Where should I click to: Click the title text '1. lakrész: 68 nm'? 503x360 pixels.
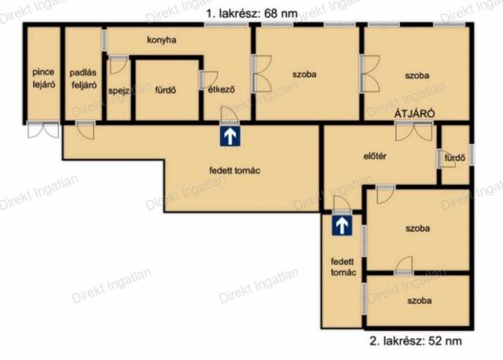[x=251, y=14]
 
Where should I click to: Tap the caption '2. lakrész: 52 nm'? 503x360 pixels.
[x=416, y=341]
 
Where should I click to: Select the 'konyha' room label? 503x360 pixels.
[x=162, y=40]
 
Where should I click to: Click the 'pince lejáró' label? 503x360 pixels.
[x=44, y=79]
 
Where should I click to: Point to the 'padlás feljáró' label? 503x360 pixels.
[x=83, y=79]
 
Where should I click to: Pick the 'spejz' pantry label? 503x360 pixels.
[x=119, y=91]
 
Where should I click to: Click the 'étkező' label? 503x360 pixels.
[x=221, y=90]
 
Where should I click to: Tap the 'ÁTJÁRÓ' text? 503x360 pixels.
[x=414, y=114]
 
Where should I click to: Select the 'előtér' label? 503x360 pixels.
[x=375, y=156]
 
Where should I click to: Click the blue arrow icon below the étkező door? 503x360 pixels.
[x=230, y=136]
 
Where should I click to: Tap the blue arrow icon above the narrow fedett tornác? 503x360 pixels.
[x=342, y=226]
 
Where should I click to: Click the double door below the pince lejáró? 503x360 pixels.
[x=43, y=130]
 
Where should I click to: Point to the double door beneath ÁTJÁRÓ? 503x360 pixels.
[x=414, y=131]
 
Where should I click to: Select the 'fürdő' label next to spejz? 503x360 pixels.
[x=166, y=90]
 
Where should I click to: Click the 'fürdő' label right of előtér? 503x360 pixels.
[x=455, y=158]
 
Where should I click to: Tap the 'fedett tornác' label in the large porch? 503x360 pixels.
[x=234, y=171]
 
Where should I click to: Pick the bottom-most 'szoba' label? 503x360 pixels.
[x=419, y=300]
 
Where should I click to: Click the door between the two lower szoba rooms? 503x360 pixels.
[x=404, y=266]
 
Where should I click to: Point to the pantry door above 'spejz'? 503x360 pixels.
[x=119, y=65]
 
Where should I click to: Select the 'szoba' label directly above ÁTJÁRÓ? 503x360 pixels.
[x=417, y=75]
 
